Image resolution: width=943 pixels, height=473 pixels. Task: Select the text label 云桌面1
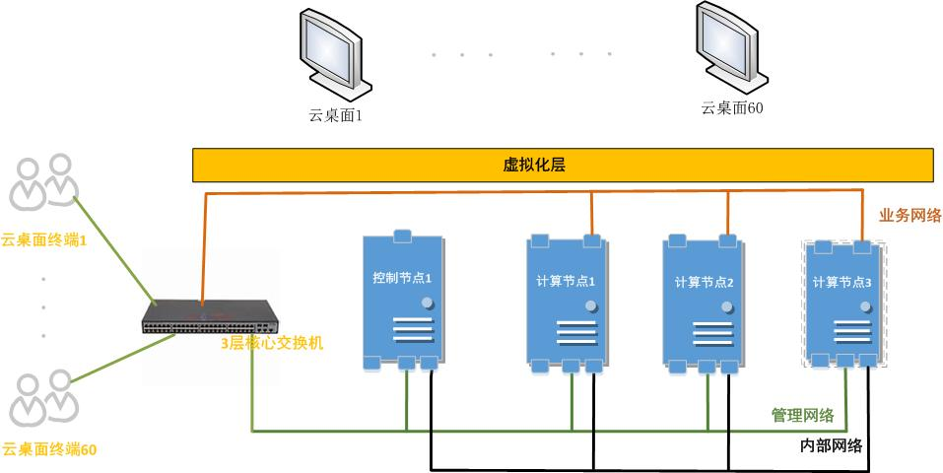pyautogui.click(x=336, y=115)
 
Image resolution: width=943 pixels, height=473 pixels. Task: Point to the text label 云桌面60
pyautogui.click(x=731, y=108)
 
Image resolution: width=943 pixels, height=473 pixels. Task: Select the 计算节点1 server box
pyautogui.click(x=566, y=304)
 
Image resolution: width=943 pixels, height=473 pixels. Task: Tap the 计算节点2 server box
pyautogui.click(x=702, y=304)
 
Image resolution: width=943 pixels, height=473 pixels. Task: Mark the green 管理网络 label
pyautogui.click(x=802, y=415)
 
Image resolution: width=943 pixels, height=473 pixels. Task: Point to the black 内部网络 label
pyautogui.click(x=831, y=445)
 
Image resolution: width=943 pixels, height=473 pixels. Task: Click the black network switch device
pyautogui.click(x=210, y=317)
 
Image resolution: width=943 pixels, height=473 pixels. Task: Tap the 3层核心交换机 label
pyautogui.click(x=272, y=344)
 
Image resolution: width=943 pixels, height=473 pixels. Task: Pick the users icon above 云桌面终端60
pyautogui.click(x=44, y=394)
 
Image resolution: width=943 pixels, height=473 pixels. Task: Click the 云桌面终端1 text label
pyautogui.click(x=43, y=239)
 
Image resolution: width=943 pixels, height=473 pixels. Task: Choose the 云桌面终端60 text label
pyautogui.click(x=49, y=449)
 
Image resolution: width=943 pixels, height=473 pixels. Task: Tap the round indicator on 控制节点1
pyautogui.click(x=428, y=302)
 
